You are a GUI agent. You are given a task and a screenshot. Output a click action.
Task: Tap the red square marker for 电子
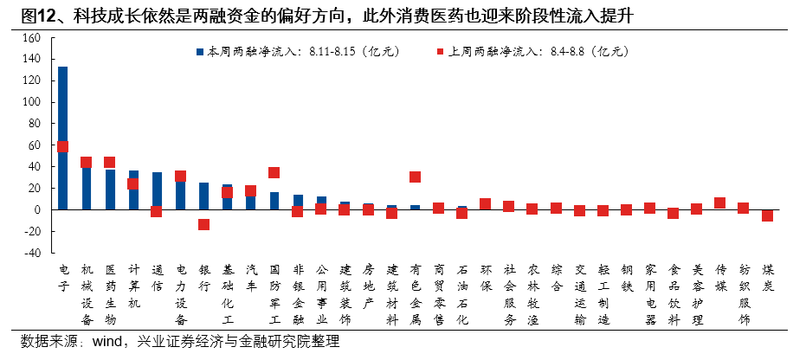pos(62,147)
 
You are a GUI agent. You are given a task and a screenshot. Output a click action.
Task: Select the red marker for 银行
pos(203,224)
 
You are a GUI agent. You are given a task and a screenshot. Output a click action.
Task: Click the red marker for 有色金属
pos(416,177)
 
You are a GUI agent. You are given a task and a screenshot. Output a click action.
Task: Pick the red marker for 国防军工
pos(274,173)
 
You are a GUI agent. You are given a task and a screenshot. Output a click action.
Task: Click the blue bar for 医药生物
pos(110,190)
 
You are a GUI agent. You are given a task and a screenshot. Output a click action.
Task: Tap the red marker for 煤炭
pos(767,215)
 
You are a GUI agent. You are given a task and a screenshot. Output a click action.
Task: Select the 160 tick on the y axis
pos(33,38)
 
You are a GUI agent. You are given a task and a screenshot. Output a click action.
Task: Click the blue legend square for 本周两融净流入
pos(199,52)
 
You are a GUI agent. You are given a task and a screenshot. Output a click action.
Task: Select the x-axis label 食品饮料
pos(674,293)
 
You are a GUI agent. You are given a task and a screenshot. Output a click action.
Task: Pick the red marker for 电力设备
pos(180,177)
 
